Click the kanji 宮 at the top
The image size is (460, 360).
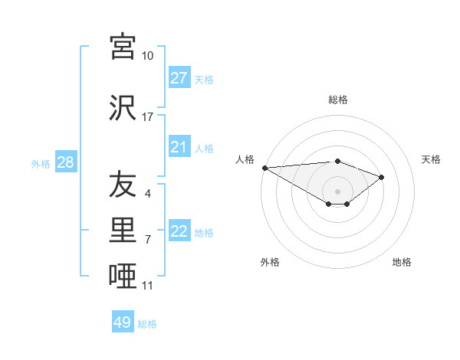coord(123,47)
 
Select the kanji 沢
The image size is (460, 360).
coord(123,107)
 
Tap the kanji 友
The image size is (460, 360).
coord(123,185)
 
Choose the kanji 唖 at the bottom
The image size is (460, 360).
coord(123,277)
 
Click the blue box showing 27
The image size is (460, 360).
coord(179,78)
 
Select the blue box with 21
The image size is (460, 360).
coord(179,147)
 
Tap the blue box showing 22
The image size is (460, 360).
coord(179,231)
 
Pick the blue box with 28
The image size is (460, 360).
coord(64,162)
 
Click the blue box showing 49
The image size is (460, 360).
coord(123,322)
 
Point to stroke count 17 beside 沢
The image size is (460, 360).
coord(148,117)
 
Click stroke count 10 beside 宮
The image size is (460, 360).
coord(148,56)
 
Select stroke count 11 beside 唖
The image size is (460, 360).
coord(148,286)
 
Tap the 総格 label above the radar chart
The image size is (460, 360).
coord(337,100)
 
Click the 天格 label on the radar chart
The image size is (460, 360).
coord(432,159)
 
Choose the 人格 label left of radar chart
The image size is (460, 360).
coord(245,159)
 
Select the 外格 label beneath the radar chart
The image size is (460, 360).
coord(270,262)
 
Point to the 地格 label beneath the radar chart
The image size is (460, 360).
coord(402,262)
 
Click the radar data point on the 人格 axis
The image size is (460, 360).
coord(264,167)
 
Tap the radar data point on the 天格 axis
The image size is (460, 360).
coord(382,177)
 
